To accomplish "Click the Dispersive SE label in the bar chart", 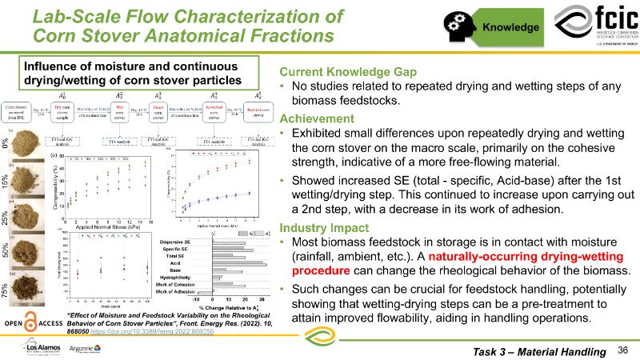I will tap(187, 242).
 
